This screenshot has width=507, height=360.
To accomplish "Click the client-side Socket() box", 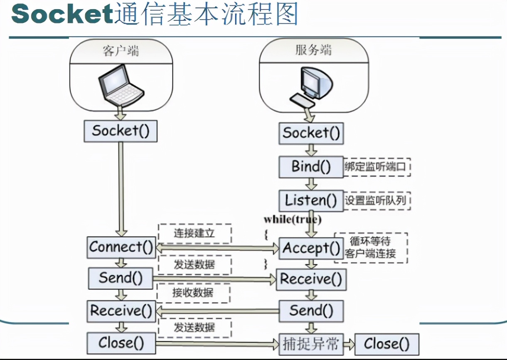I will [x=121, y=131].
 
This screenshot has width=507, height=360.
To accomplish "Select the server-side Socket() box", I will [x=311, y=133].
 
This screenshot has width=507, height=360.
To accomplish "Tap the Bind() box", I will [x=311, y=167].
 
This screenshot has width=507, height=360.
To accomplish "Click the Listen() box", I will [x=311, y=200].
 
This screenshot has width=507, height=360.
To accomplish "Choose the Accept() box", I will [x=311, y=248].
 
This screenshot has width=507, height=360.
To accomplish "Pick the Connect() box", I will [x=121, y=247].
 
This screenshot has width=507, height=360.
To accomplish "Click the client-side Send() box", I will [x=121, y=278].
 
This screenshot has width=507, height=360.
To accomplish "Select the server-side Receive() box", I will [x=311, y=279].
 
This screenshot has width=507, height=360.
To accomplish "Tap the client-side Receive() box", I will [x=121, y=311].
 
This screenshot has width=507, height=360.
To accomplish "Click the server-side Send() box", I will [x=311, y=311].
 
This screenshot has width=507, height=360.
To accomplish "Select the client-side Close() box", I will [x=121, y=343].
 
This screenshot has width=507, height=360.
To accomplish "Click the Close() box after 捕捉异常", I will [x=386, y=344].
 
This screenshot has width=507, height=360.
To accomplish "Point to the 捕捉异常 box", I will [x=311, y=344].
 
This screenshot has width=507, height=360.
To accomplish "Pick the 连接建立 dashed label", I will [x=194, y=233].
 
